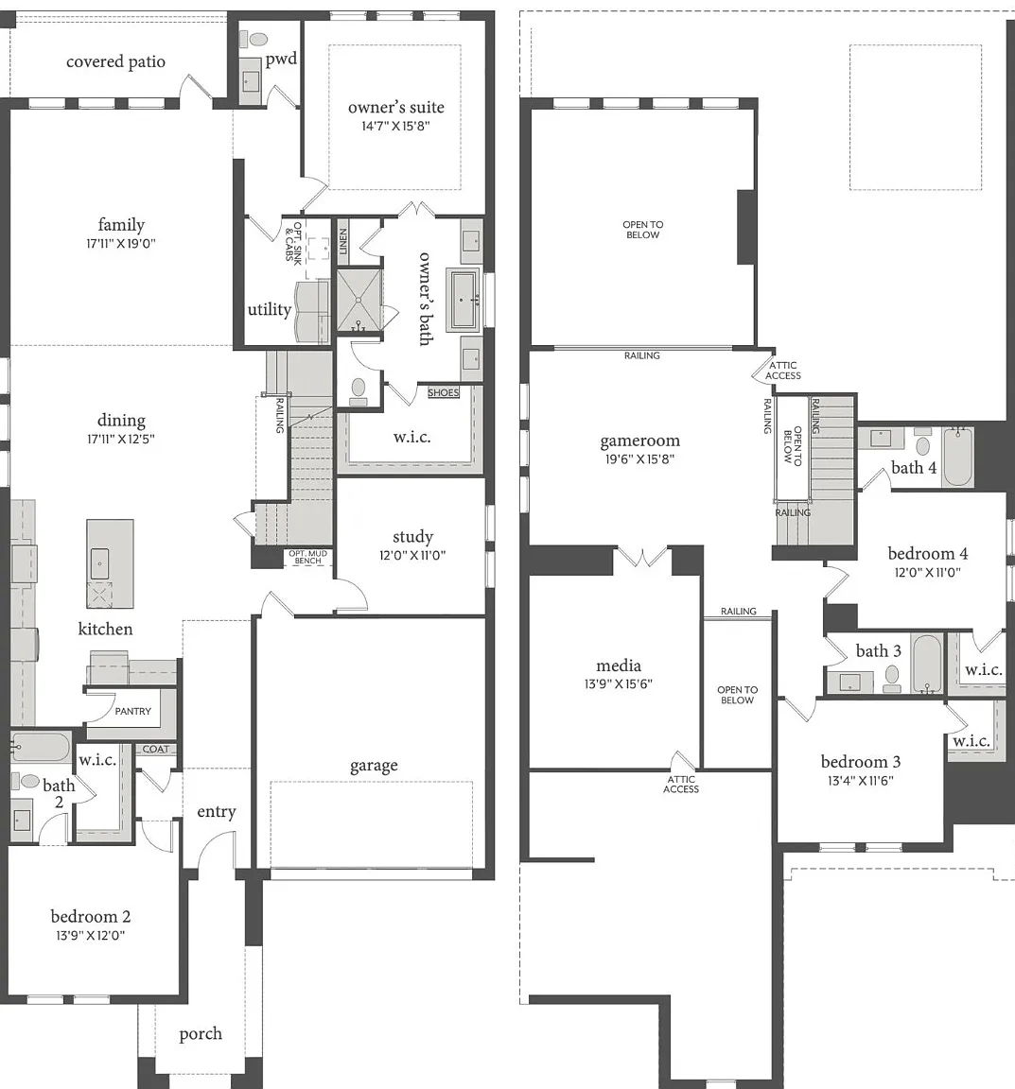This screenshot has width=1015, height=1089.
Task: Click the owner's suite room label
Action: click(396, 107)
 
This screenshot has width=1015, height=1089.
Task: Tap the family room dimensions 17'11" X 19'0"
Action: click(121, 244)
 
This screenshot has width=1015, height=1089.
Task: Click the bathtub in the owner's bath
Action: click(465, 300)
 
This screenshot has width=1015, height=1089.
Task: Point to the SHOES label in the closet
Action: click(444, 392)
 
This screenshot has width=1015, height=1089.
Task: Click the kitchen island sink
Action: click(99, 563)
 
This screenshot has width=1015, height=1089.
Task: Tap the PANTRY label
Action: click(132, 711)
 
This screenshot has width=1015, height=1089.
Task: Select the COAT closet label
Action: click(156, 750)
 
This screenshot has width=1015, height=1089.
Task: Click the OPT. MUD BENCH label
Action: click(308, 557)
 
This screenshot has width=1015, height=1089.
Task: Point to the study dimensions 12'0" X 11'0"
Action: click(412, 556)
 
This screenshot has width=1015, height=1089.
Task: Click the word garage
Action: click(374, 766)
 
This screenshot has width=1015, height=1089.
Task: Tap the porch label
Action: click(201, 1034)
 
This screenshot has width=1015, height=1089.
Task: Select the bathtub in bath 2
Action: click(41, 748)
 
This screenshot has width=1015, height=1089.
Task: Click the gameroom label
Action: click(640, 441)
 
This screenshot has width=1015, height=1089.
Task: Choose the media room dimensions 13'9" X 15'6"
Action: click(618, 684)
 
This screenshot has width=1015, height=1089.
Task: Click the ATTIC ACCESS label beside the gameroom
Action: click(783, 371)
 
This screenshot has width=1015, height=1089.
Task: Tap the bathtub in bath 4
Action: click(958, 457)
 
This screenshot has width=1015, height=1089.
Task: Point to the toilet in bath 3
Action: click(892, 678)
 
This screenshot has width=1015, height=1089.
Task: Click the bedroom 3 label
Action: click(861, 762)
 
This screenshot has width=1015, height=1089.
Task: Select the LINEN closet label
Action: click(342, 241)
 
